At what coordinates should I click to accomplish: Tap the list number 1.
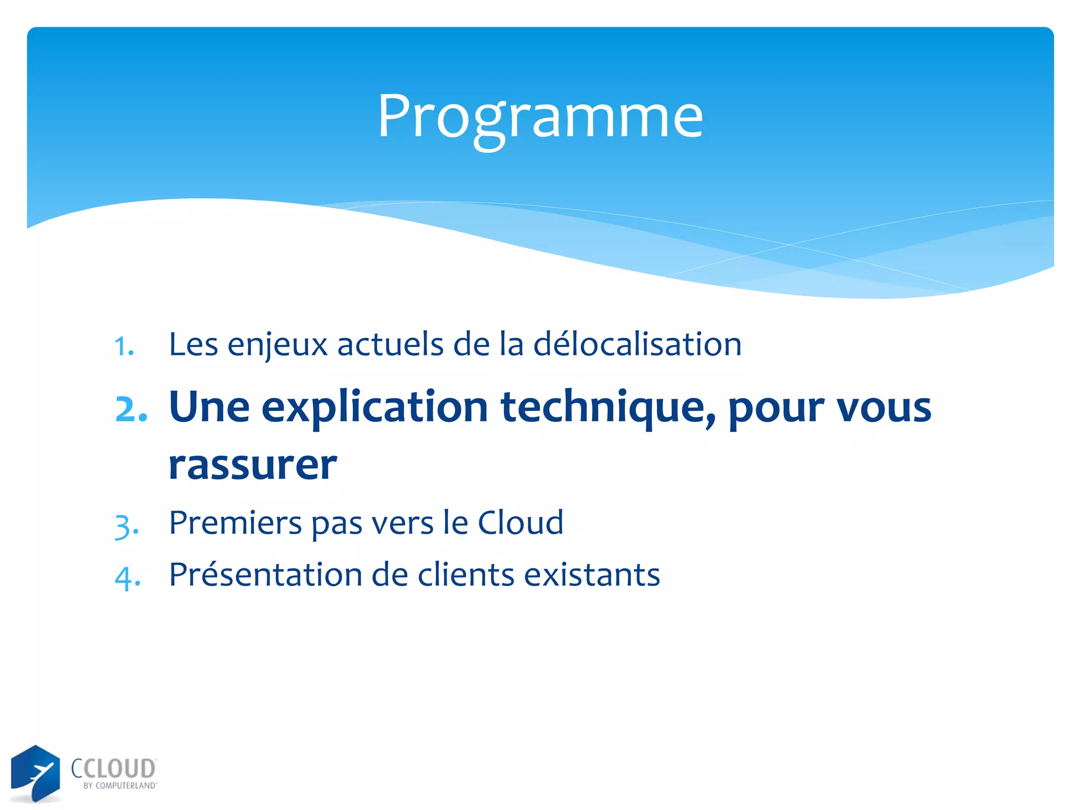coord(124,347)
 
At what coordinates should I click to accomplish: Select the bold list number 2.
coord(131,409)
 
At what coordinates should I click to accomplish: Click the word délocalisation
coord(637,344)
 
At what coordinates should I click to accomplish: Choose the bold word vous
coord(884,408)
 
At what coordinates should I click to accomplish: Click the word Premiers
coord(236,523)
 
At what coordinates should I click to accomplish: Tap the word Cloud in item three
coord(520,523)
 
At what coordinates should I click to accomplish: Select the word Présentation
coord(265,574)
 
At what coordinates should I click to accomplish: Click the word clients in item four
coord(466,574)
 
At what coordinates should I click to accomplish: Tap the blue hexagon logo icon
coord(35,773)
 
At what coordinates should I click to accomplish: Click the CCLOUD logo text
coord(113,768)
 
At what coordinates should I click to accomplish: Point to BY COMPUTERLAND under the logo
coord(120,786)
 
